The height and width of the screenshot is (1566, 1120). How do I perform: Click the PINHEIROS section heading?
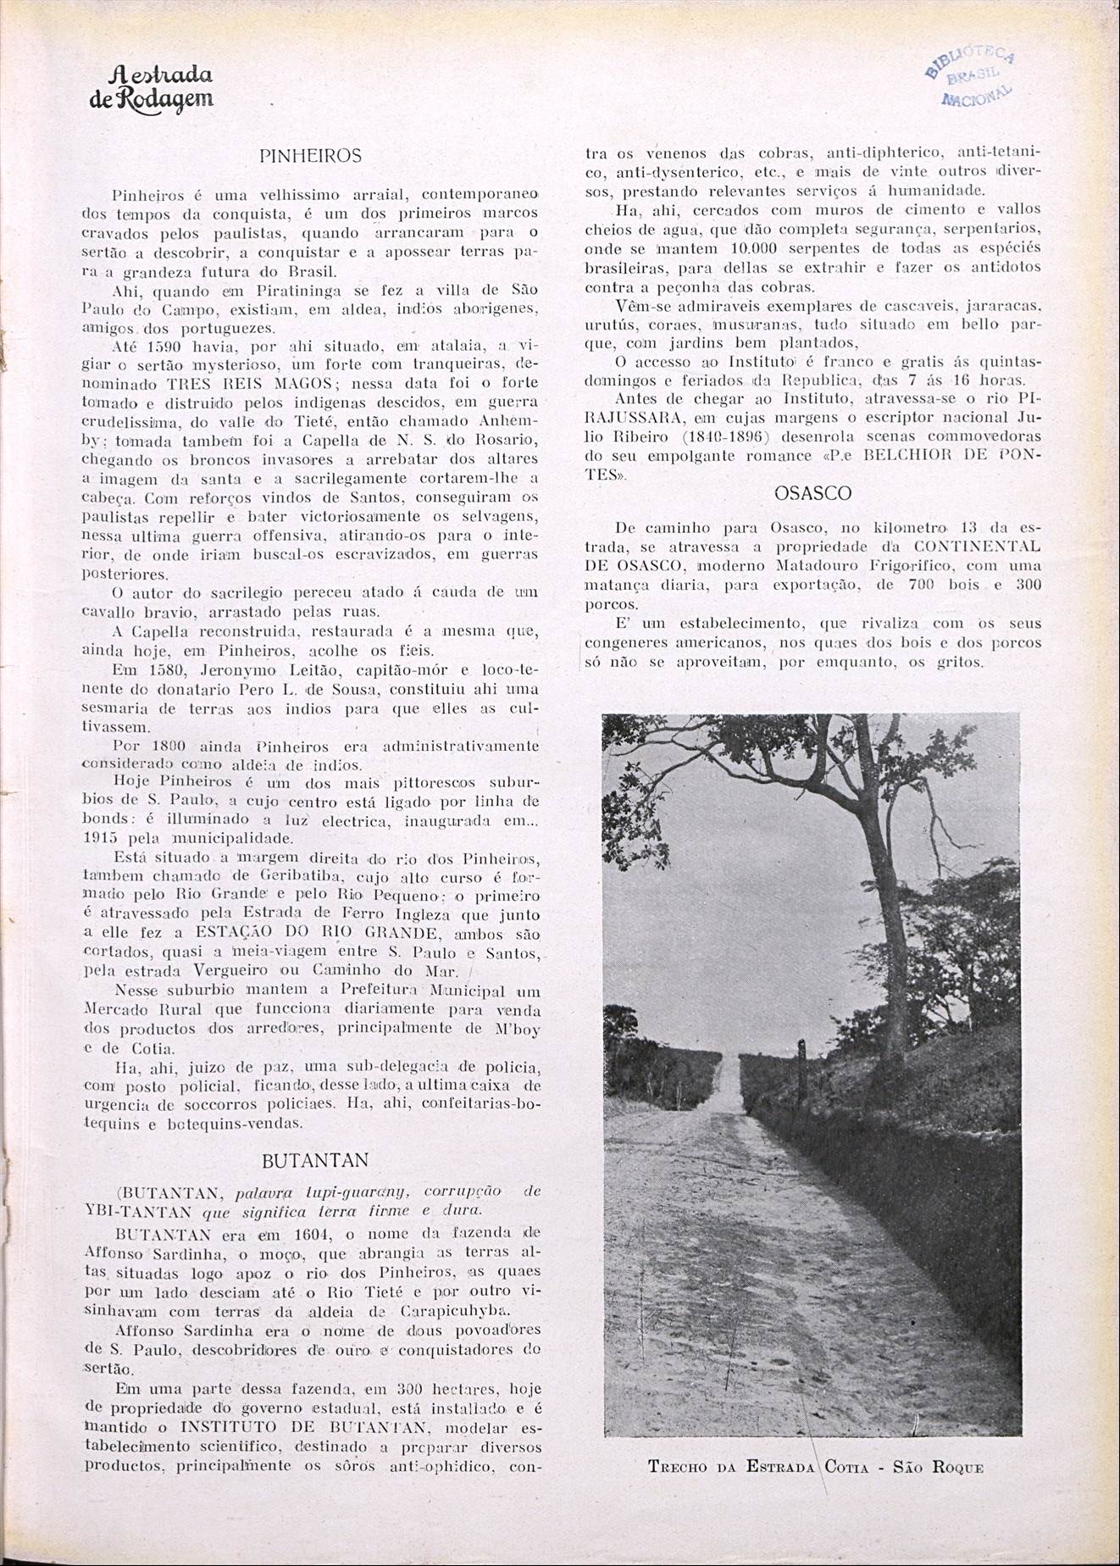tap(310, 156)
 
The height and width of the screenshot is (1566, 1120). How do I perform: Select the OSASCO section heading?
tap(812, 493)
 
